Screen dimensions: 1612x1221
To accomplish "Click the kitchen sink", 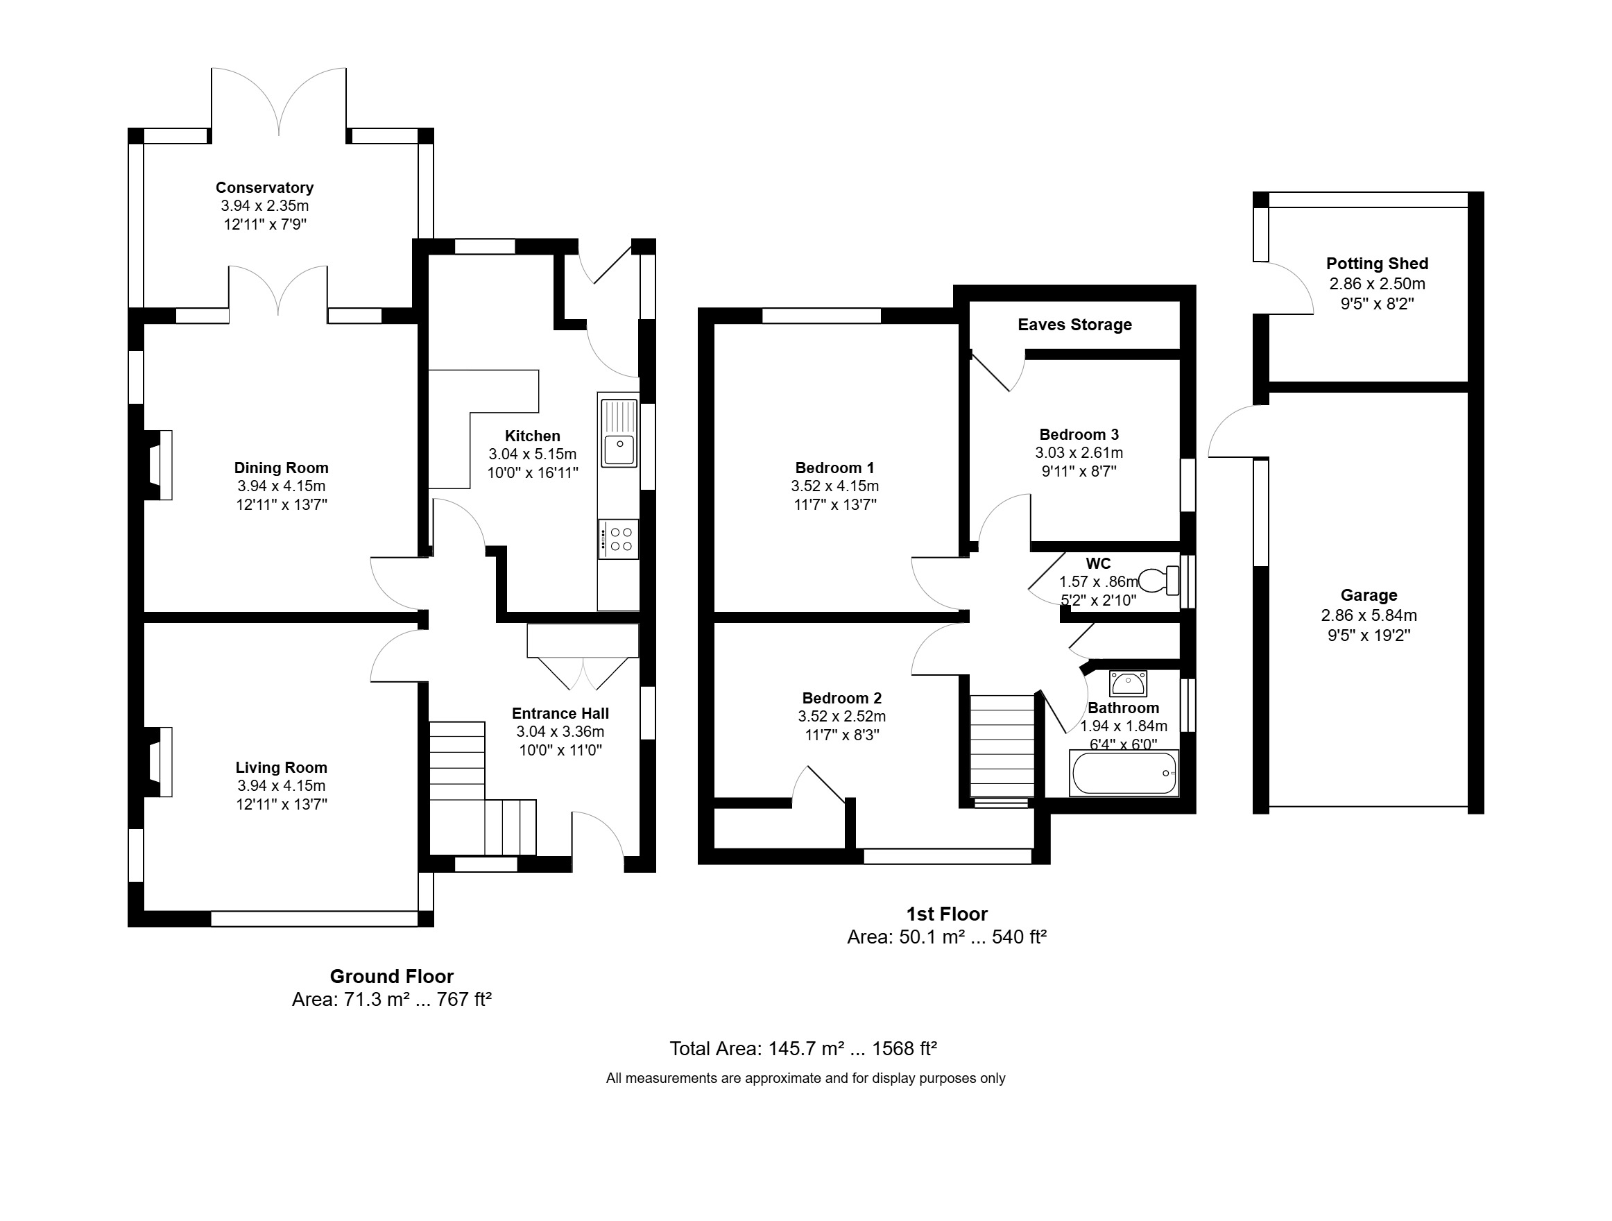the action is (618, 432).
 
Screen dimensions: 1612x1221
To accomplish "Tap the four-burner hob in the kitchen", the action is (618, 540).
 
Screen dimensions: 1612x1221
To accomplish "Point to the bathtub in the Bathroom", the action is (1124, 773).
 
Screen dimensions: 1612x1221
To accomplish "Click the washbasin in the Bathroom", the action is (1127, 684).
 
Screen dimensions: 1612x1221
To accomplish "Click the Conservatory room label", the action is (264, 187).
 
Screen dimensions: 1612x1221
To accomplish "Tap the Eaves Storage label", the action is (1075, 325).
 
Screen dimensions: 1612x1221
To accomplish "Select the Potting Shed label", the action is (1377, 263).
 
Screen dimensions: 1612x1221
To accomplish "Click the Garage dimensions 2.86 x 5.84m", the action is (1369, 615).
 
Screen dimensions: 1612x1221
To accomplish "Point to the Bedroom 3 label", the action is (1079, 434).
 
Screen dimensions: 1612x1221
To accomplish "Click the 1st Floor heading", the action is (947, 914).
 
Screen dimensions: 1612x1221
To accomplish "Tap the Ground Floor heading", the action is (391, 976).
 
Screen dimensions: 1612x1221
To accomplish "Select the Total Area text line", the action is (803, 1048).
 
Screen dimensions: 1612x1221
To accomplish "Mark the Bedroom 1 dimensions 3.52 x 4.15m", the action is (835, 486).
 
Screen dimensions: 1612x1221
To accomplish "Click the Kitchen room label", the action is (533, 436).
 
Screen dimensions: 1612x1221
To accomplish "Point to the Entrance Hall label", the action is (560, 714).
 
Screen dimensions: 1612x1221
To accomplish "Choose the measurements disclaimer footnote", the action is (805, 1078).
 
